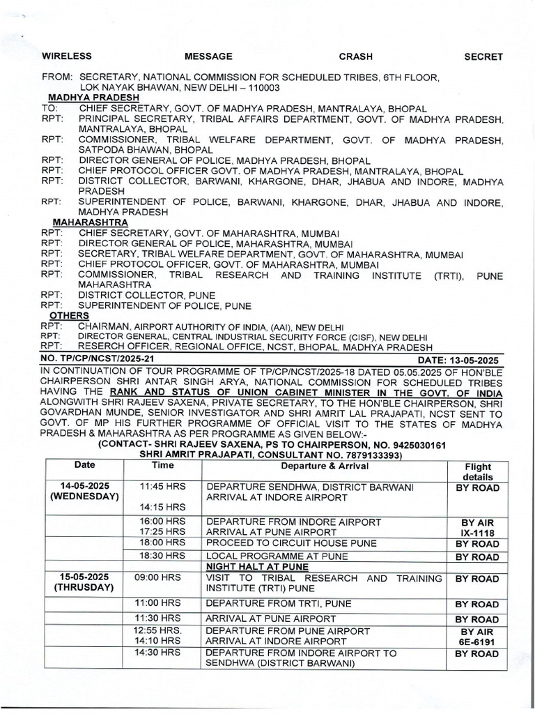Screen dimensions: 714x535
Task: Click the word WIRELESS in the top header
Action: (x=67, y=56)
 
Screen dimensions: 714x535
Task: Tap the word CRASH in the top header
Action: (x=355, y=56)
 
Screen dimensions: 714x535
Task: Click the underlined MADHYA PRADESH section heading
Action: (x=83, y=98)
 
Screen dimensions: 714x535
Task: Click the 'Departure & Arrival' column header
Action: (x=324, y=465)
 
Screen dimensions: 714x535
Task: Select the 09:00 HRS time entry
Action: (x=162, y=578)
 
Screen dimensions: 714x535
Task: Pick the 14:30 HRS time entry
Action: (x=162, y=653)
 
